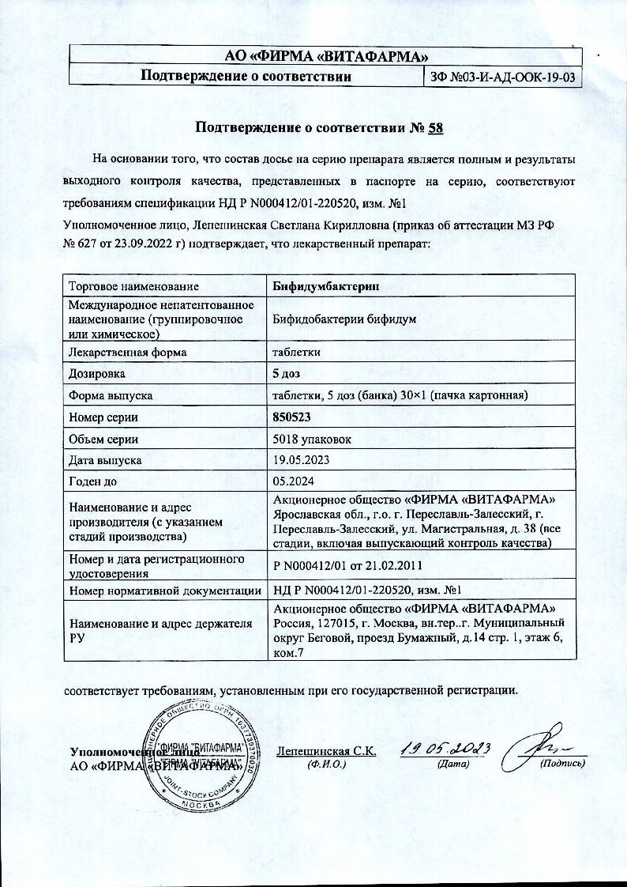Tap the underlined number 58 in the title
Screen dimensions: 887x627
pyautogui.click(x=437, y=126)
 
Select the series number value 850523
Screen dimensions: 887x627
pyautogui.click(x=292, y=417)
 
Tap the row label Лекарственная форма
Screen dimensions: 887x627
pyautogui.click(x=128, y=352)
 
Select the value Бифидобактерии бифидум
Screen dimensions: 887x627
pyautogui.click(x=344, y=319)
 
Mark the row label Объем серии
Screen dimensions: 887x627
pyautogui.click(x=104, y=438)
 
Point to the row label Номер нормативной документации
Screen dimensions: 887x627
pyautogui.click(x=165, y=590)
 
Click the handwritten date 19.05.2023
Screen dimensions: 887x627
pyautogui.click(x=446, y=748)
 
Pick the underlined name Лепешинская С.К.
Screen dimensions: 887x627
pyautogui.click(x=326, y=750)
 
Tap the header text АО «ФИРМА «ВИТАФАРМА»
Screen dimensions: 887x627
pyautogui.click(x=326, y=55)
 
